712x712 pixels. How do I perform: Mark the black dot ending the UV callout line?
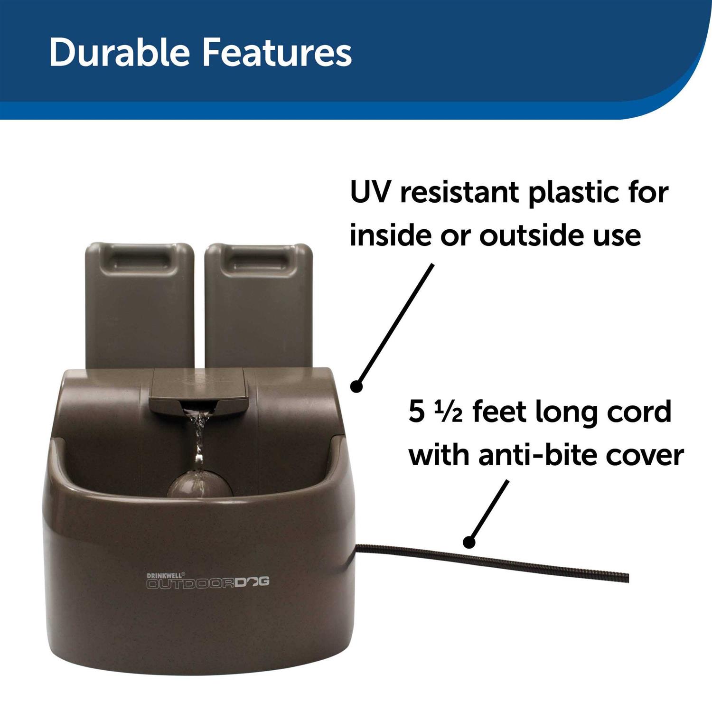[357, 386]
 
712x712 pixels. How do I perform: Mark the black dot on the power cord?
[469, 541]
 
